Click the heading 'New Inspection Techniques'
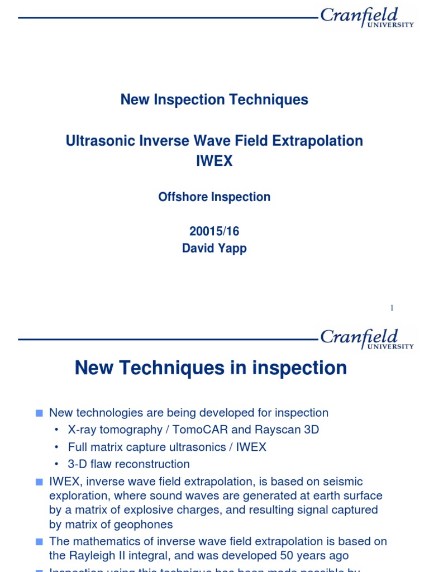point(214,100)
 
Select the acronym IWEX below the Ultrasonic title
point(214,161)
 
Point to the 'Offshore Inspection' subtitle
point(214,197)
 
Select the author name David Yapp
point(214,249)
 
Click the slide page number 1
point(392,308)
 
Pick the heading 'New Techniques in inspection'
point(211,368)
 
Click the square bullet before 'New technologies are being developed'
point(39,413)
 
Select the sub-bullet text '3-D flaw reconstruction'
point(129,464)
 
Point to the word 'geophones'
point(147,525)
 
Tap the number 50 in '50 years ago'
point(288,556)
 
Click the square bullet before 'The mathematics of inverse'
point(39,541)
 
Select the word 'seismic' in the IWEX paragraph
point(343,482)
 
